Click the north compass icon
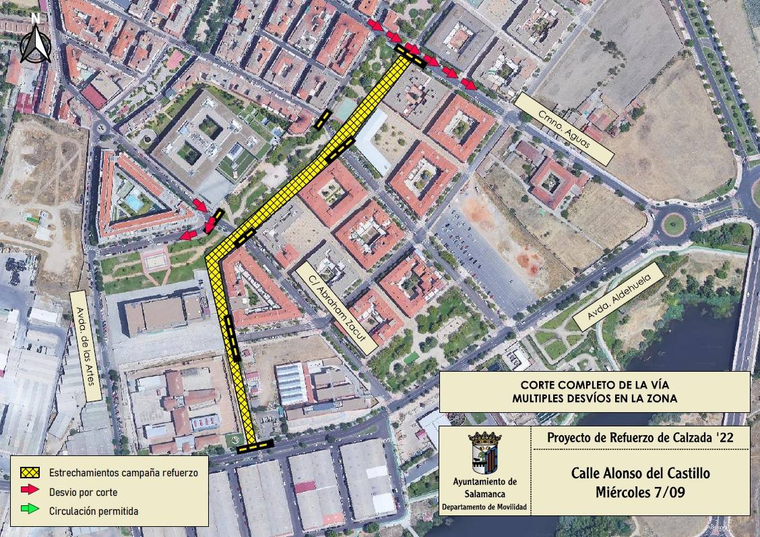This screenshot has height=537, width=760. pyautogui.click(x=36, y=42)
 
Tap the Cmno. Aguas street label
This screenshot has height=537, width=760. pyautogui.click(x=565, y=128)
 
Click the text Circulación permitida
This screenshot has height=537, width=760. pyautogui.click(x=94, y=511)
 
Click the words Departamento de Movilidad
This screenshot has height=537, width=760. pyautogui.click(x=484, y=506)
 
